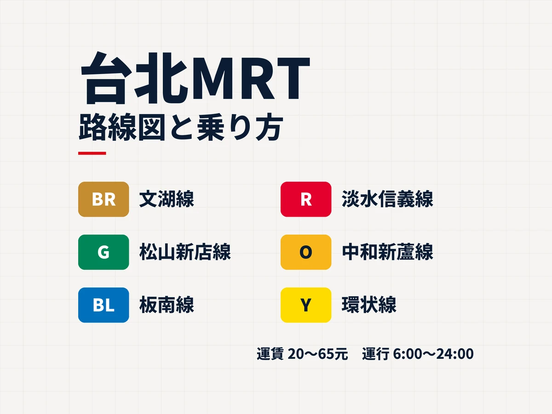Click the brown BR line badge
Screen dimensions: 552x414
103,199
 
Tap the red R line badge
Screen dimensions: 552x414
306,199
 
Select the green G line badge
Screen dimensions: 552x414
103,252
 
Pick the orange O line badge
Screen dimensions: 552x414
306,252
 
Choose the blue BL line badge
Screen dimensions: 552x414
103,305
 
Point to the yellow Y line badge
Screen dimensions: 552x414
306,305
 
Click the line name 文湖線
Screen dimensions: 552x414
167,199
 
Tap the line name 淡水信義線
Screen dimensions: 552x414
387,199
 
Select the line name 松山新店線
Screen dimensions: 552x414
185,252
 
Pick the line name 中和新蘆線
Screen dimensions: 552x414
387,252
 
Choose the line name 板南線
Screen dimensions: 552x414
167,305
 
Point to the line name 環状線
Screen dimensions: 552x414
369,305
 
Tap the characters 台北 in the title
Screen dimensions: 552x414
134,78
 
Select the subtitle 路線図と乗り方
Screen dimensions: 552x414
181,127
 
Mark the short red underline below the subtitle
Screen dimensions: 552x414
92,153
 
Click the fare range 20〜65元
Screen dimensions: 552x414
318,354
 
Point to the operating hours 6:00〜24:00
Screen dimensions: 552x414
433,354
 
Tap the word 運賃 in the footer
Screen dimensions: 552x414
270,354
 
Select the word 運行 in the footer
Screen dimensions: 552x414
376,354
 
